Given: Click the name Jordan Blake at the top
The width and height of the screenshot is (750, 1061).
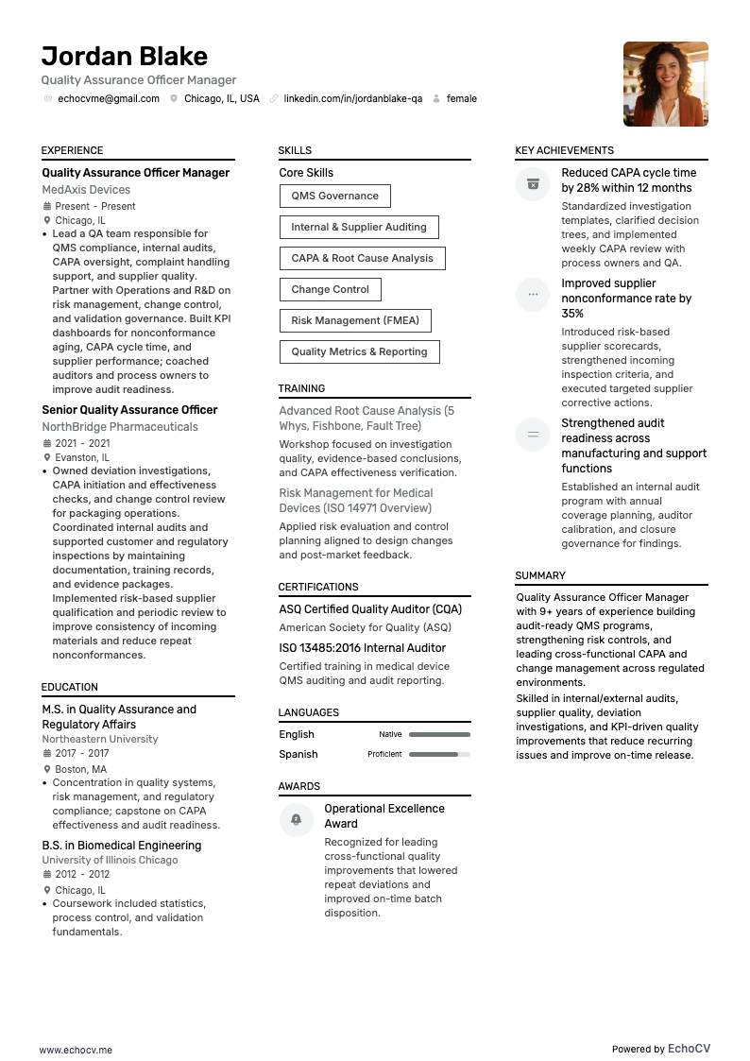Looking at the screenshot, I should tap(124, 56).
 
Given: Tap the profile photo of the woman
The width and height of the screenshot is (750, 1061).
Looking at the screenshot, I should tap(665, 84).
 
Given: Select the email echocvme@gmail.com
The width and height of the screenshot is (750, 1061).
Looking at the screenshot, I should tap(109, 98).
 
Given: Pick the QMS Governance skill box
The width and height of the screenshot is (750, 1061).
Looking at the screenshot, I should tap(334, 197).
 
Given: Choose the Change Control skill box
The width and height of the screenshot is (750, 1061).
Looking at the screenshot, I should tap(330, 289).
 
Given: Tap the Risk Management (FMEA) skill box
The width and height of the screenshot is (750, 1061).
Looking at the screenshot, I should tap(355, 320).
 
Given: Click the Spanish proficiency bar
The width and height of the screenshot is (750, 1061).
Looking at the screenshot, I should tap(439, 754).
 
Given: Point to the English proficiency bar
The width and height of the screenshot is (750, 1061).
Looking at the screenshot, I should tap(439, 734).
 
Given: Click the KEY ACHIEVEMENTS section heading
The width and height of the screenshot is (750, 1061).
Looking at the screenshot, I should tap(564, 150).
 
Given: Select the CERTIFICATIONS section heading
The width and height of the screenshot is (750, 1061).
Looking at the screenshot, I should tap(318, 587).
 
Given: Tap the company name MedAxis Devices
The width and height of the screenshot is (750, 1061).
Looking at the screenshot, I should tap(86, 190).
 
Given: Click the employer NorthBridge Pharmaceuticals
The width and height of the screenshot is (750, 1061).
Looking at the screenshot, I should tap(120, 427).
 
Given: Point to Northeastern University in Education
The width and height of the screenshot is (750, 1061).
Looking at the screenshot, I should tap(100, 739).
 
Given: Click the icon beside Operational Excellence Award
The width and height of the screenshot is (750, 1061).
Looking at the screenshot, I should tap(297, 819).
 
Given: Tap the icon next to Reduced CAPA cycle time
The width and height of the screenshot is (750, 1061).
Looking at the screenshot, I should tap(533, 183).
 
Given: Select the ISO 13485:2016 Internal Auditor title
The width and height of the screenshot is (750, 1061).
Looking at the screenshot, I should tap(362, 648).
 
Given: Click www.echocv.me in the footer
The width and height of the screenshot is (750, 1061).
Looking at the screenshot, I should tap(76, 1049).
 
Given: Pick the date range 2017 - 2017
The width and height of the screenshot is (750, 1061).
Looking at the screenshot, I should tap(82, 754).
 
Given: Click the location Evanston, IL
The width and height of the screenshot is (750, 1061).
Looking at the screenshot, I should tap(82, 457).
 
